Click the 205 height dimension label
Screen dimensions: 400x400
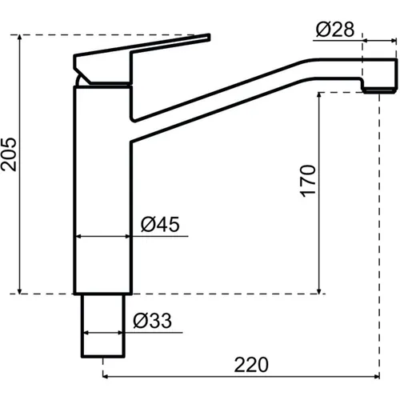[x=9, y=154]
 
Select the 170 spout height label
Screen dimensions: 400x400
[x=308, y=181]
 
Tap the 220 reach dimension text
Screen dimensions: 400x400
[x=251, y=365]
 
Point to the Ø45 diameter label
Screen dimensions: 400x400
[x=160, y=224]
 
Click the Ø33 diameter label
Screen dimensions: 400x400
[x=152, y=321]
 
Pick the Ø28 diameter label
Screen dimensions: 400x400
[x=335, y=29]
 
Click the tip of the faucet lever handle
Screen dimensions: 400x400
[x=210, y=37]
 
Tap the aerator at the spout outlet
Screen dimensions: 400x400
[x=379, y=90]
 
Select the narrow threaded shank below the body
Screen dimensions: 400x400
[x=103, y=326]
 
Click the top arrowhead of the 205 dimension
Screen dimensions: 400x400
[x=19, y=38]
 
